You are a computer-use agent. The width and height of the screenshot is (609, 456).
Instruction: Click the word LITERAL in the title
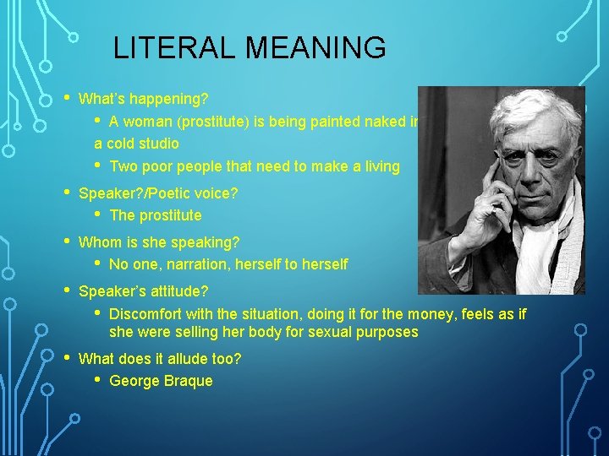[167, 48]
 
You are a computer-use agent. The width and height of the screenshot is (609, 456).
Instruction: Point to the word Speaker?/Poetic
[131, 193]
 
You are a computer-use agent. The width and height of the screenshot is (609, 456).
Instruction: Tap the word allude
[185, 359]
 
